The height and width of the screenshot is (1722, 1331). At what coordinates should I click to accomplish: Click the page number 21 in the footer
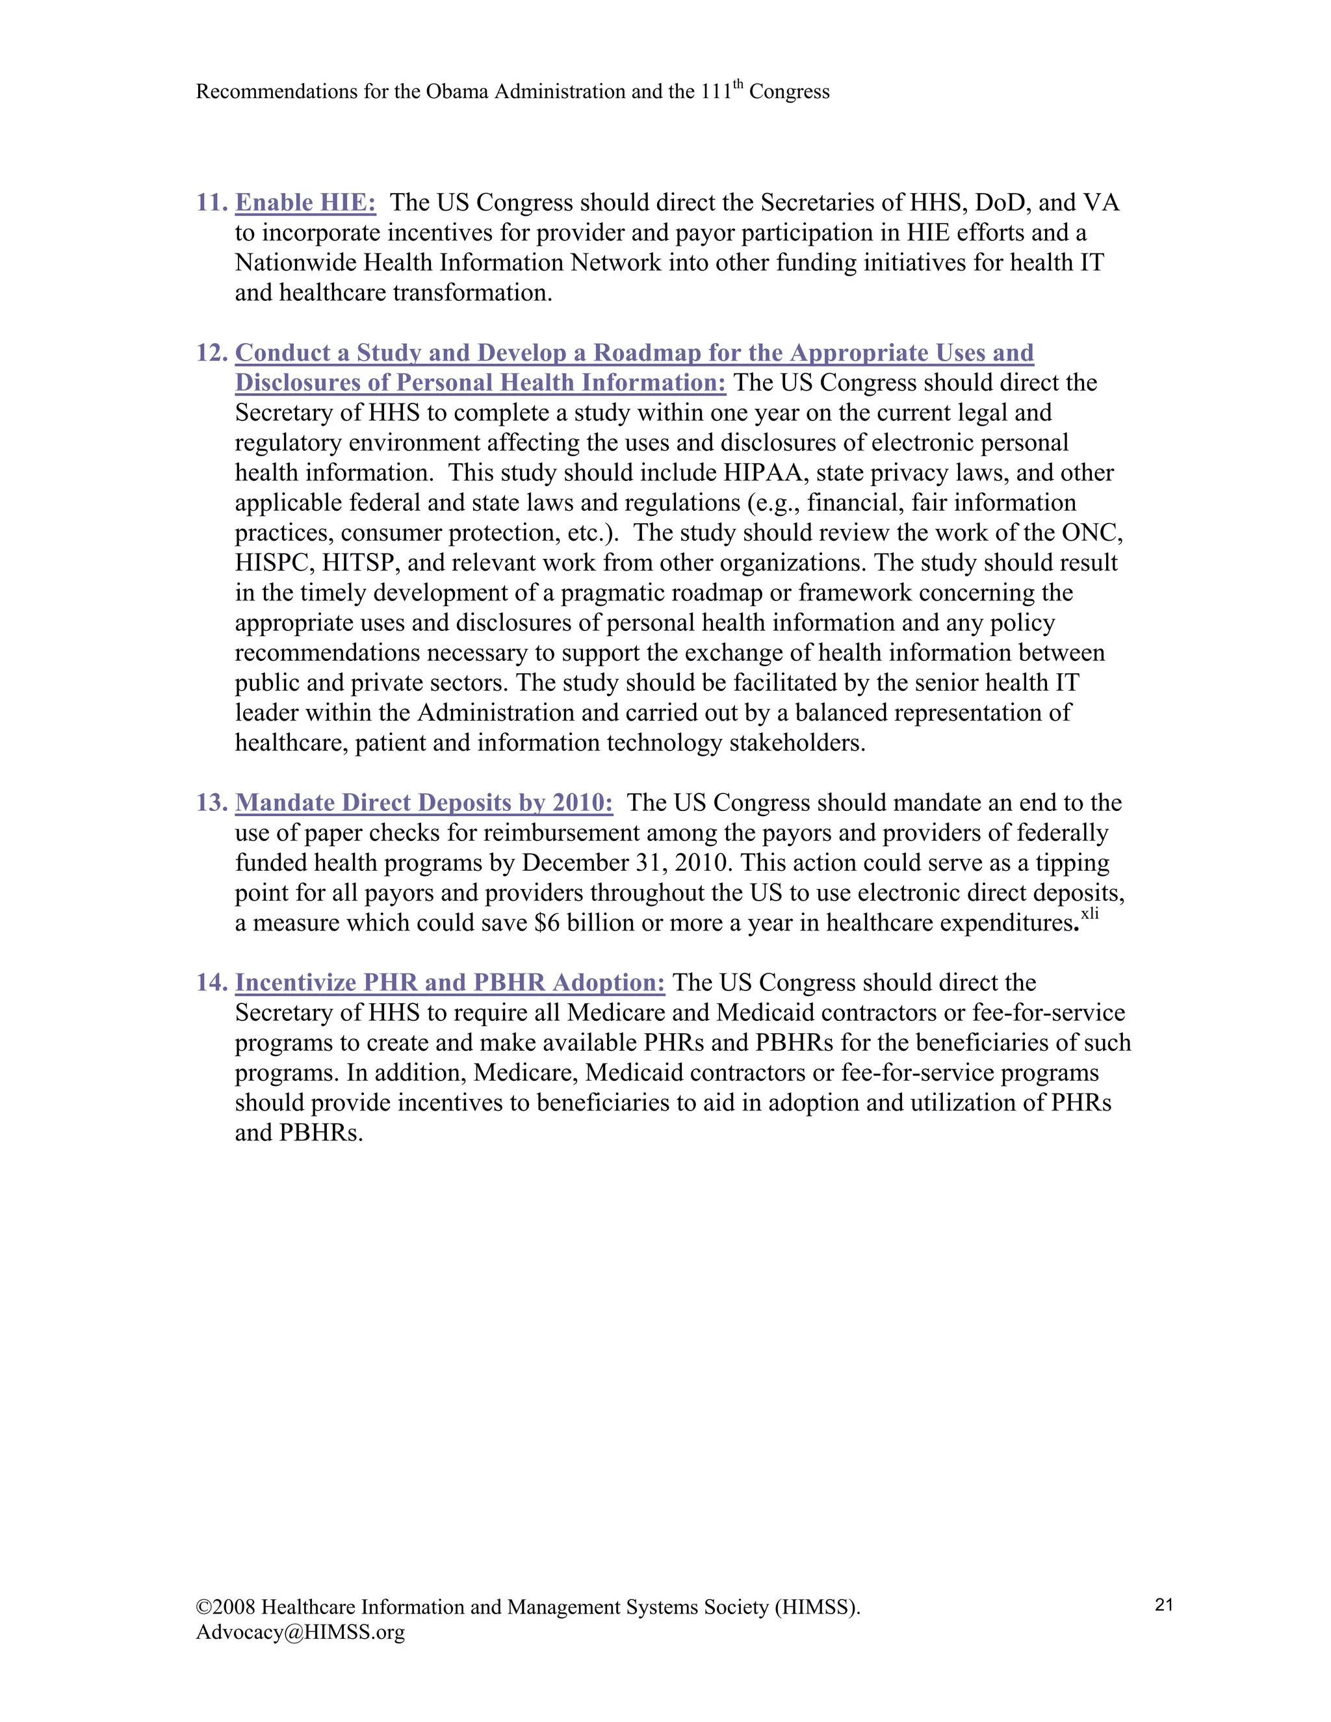click(1164, 1604)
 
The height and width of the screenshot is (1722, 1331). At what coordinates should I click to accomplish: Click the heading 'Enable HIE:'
click(305, 203)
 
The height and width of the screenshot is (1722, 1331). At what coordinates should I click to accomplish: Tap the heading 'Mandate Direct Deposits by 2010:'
click(424, 803)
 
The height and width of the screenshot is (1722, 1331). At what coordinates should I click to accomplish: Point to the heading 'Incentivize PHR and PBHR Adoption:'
click(450, 983)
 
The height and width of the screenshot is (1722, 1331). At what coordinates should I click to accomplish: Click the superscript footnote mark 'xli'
click(1090, 913)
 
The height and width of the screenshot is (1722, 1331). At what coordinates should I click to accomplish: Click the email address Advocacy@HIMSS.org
click(300, 1632)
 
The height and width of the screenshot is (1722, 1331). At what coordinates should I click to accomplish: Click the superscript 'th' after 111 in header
click(738, 84)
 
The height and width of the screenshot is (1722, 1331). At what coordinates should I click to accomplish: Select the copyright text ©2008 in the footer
click(226, 1607)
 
